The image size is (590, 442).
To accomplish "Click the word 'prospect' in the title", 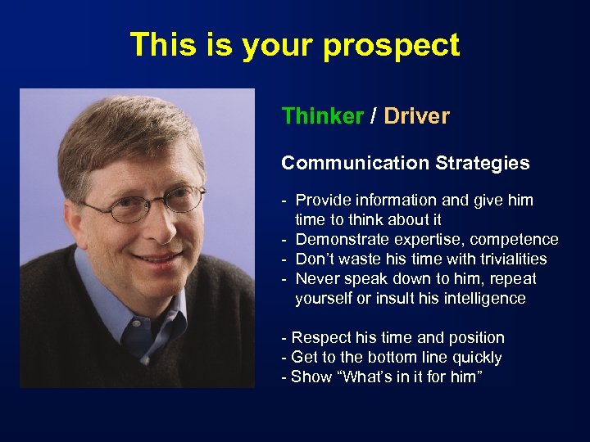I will point(391,46).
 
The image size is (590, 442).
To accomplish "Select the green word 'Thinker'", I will point(322,116).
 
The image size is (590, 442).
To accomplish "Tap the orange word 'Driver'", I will point(416,116).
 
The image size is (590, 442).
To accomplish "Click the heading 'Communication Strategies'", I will point(405,163).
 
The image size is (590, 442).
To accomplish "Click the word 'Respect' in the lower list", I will point(320,338).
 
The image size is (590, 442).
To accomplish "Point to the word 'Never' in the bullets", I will point(318,279).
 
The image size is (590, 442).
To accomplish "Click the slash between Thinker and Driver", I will point(373,116).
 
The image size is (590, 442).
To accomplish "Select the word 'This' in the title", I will point(161,46).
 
